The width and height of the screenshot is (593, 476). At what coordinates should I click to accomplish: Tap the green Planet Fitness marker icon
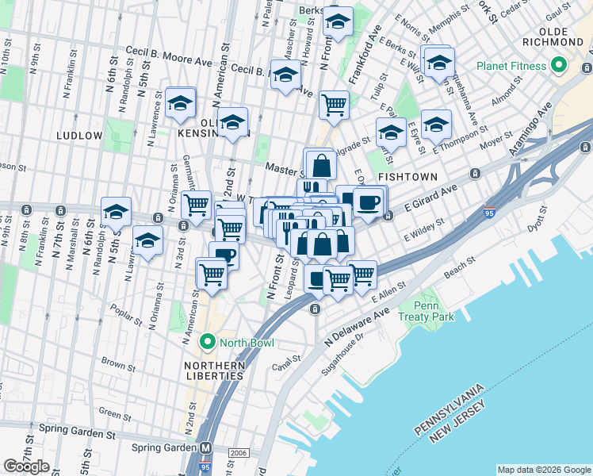[560, 65]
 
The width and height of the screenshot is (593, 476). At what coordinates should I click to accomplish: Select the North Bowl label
[247, 343]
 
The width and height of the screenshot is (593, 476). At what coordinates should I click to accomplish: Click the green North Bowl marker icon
[209, 343]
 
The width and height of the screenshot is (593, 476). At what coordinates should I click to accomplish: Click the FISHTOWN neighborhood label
[404, 175]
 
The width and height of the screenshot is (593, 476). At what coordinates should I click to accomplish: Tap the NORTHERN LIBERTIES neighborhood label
[214, 370]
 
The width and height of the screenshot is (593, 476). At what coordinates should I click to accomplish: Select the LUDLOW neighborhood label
[79, 136]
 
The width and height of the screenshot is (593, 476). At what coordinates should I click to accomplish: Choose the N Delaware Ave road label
[355, 326]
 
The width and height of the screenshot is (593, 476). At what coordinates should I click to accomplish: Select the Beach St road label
[460, 268]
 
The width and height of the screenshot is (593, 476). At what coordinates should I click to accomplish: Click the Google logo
[26, 466]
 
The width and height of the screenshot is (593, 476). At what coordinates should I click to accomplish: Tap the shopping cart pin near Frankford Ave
[334, 104]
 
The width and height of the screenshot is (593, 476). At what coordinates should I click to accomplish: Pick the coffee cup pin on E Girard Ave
[368, 202]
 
